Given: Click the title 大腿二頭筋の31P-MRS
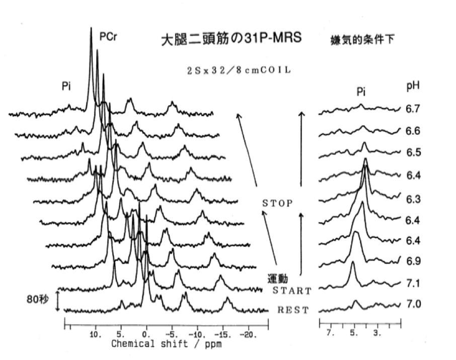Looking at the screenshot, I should pos(231,39).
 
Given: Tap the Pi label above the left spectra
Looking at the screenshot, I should pos(66,86).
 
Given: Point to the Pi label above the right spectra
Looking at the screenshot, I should pos(361,91).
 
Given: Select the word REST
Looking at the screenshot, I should pos(293,310).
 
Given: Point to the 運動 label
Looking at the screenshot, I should pos(277,278).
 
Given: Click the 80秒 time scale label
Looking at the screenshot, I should pos(37,300).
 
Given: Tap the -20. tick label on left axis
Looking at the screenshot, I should pos(248,333).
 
